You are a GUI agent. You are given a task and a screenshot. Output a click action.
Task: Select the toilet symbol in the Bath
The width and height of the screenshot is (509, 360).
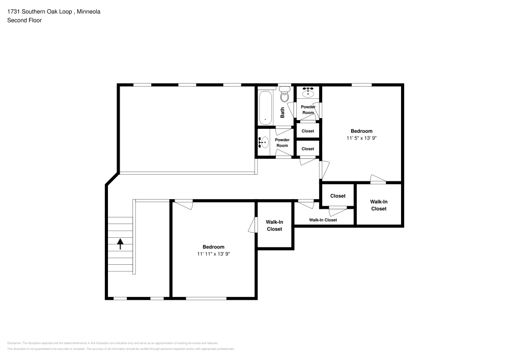click(285, 96)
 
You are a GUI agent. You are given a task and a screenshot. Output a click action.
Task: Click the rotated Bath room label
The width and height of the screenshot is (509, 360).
click(282, 112)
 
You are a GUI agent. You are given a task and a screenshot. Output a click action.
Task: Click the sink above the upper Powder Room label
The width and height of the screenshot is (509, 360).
click(308, 93)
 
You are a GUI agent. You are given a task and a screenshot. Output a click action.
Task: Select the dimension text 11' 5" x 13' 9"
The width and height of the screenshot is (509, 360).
click(361, 137)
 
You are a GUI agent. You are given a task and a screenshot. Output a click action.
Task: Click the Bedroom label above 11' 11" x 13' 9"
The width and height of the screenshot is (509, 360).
click(213, 247)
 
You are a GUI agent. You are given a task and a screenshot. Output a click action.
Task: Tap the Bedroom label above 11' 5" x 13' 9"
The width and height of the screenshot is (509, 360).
click(361, 131)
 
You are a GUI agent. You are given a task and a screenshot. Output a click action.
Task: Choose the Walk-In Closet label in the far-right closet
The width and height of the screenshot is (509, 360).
click(378, 205)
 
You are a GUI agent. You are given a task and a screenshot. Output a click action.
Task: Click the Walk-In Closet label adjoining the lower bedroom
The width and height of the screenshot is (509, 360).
click(274, 226)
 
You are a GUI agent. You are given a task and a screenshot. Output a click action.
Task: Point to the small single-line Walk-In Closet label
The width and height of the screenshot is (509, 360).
click(323, 220)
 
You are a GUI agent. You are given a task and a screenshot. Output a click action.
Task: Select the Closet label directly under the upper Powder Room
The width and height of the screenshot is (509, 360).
click(308, 131)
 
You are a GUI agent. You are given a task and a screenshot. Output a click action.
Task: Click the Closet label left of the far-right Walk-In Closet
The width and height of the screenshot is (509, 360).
click(337, 196)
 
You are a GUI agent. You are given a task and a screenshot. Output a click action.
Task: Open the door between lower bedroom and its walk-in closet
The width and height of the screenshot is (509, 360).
click(252, 225)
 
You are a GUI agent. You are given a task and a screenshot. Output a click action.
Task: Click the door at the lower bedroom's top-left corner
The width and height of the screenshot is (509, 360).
click(183, 205)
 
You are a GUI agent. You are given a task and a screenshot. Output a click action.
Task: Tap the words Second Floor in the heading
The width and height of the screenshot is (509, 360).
click(24, 20)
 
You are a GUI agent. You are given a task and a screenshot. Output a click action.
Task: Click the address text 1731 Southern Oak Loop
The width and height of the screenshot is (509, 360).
click(39, 11)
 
